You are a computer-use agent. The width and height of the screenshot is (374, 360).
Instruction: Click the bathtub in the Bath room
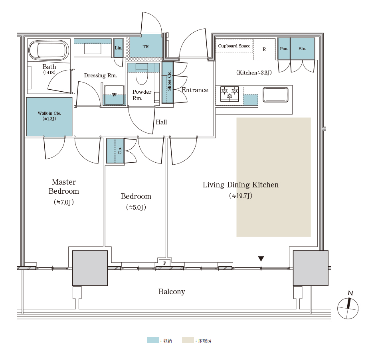click(49, 50)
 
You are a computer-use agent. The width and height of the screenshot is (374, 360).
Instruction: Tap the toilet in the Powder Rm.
click(142, 74)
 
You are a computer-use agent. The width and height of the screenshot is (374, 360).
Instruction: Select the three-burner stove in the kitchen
click(230, 94)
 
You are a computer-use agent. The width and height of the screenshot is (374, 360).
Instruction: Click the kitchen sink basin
click(275, 94)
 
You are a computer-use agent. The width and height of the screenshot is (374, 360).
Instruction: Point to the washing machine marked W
click(114, 95)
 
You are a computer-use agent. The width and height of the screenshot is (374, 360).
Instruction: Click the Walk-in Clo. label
click(49, 113)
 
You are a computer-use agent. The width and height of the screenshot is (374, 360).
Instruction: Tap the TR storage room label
click(146, 47)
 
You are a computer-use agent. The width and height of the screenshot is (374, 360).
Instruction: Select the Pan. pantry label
click(284, 49)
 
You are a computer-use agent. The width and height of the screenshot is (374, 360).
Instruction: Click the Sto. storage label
click(302, 49)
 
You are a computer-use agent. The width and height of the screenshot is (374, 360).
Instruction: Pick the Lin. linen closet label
click(118, 48)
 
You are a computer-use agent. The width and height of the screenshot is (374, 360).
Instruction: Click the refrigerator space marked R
click(264, 49)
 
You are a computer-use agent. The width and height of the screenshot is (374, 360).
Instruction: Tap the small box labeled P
click(164, 263)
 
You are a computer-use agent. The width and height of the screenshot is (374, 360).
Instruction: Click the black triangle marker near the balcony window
click(261, 259)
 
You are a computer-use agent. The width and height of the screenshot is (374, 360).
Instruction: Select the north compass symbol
click(348, 306)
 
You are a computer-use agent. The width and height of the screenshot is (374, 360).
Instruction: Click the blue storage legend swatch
click(152, 340)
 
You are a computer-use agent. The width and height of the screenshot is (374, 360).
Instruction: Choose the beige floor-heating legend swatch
click(188, 340)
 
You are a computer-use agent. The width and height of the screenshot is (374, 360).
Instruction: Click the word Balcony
click(172, 292)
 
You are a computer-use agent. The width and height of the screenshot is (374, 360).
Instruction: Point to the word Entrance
click(195, 90)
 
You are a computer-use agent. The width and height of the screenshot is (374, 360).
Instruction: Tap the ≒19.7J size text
click(241, 196)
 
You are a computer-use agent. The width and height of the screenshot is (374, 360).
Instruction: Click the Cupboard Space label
click(234, 46)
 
